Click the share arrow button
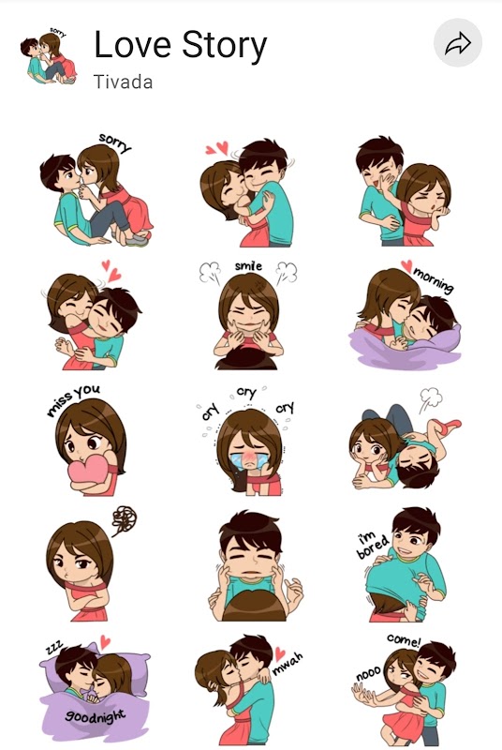click(458, 43)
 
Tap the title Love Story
click(180, 46)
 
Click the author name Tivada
click(124, 82)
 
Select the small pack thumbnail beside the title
click(48, 55)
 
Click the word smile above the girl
click(248, 265)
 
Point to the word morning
click(434, 280)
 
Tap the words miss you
click(73, 400)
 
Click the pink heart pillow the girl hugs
click(87, 472)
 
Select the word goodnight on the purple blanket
click(95, 716)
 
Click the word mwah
click(288, 664)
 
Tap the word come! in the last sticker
click(404, 639)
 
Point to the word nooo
click(368, 673)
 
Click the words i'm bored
click(372, 545)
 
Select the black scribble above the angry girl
click(125, 520)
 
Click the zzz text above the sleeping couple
click(54, 648)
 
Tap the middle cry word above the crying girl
click(246, 393)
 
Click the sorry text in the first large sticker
click(114, 143)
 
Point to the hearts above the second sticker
click(217, 148)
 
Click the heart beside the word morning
click(406, 265)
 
